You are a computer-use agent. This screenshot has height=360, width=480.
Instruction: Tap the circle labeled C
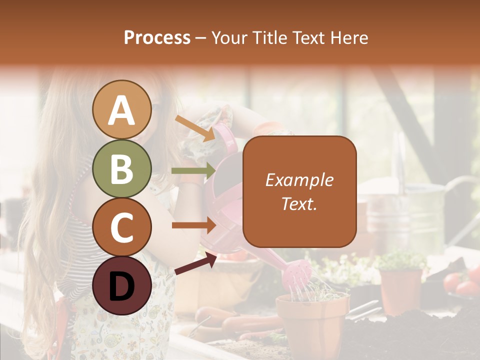[121, 227]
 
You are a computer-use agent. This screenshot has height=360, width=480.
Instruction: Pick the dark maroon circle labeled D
[121, 285]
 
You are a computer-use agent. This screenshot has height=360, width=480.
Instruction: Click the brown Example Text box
[299, 191]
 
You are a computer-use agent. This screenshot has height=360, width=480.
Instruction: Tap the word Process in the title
[157, 38]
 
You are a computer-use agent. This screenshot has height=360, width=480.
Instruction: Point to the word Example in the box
[299, 180]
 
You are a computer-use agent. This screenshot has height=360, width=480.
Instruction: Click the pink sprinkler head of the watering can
[298, 272]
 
